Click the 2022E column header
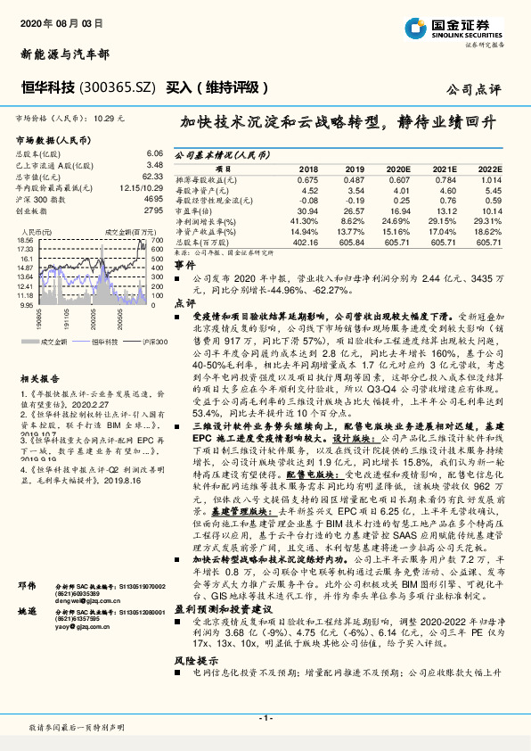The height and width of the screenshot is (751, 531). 489,168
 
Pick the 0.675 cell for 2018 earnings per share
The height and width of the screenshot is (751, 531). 306,178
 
